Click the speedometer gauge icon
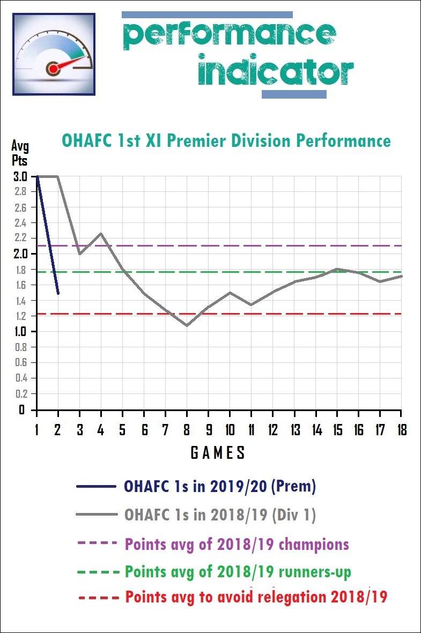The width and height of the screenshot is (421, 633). coord(54,55)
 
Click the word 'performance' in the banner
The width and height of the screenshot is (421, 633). coord(230,35)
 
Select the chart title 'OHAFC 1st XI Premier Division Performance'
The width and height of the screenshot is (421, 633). coord(226,141)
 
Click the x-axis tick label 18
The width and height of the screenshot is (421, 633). coord(401,430)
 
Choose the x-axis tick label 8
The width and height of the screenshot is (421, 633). coord(187,430)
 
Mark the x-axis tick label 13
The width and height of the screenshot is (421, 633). coord(293,430)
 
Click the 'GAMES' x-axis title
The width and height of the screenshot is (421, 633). coord(218,453)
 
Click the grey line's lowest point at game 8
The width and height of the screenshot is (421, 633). coord(187,325)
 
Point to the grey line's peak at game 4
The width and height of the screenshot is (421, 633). coord(101,234)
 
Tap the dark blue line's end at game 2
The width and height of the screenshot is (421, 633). coord(58,293)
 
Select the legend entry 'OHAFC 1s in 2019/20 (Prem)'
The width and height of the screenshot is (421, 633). coord(220,487)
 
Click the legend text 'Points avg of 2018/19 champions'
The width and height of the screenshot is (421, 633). coord(237,544)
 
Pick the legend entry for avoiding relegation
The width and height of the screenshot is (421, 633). coord(256,597)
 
